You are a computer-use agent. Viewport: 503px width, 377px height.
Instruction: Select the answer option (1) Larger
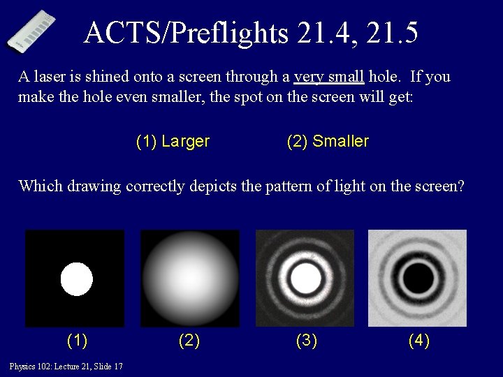(x=173, y=142)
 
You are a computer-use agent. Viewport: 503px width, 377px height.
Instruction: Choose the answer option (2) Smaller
(x=328, y=142)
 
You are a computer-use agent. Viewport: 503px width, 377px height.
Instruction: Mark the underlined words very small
(x=330, y=77)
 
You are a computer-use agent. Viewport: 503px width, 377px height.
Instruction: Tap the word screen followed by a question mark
(x=439, y=186)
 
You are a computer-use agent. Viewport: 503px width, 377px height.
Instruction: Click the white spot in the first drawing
(x=76, y=279)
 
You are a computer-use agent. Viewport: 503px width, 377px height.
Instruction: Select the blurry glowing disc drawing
(x=189, y=278)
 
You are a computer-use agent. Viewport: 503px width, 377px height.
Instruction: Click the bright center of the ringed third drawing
(x=305, y=279)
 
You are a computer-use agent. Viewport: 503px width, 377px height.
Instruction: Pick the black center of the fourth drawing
(x=418, y=279)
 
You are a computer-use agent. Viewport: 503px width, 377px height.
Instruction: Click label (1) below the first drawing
(x=77, y=341)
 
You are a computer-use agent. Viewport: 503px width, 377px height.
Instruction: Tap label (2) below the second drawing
(x=189, y=341)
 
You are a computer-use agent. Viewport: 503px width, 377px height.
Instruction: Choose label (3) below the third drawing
(x=306, y=341)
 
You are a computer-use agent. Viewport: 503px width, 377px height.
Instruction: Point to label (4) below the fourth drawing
(x=419, y=341)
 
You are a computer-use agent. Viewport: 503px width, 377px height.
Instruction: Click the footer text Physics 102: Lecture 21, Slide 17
(x=66, y=367)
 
